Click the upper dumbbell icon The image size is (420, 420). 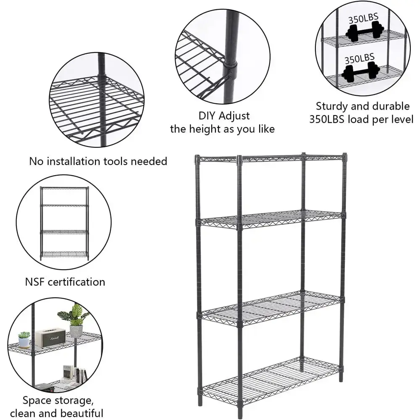(365, 32)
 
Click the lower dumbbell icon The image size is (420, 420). (360, 72)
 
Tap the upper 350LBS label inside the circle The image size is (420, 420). (363, 18)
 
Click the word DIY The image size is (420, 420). (207, 116)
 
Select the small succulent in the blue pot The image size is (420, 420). (24, 340)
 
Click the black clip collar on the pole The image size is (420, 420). (231, 66)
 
